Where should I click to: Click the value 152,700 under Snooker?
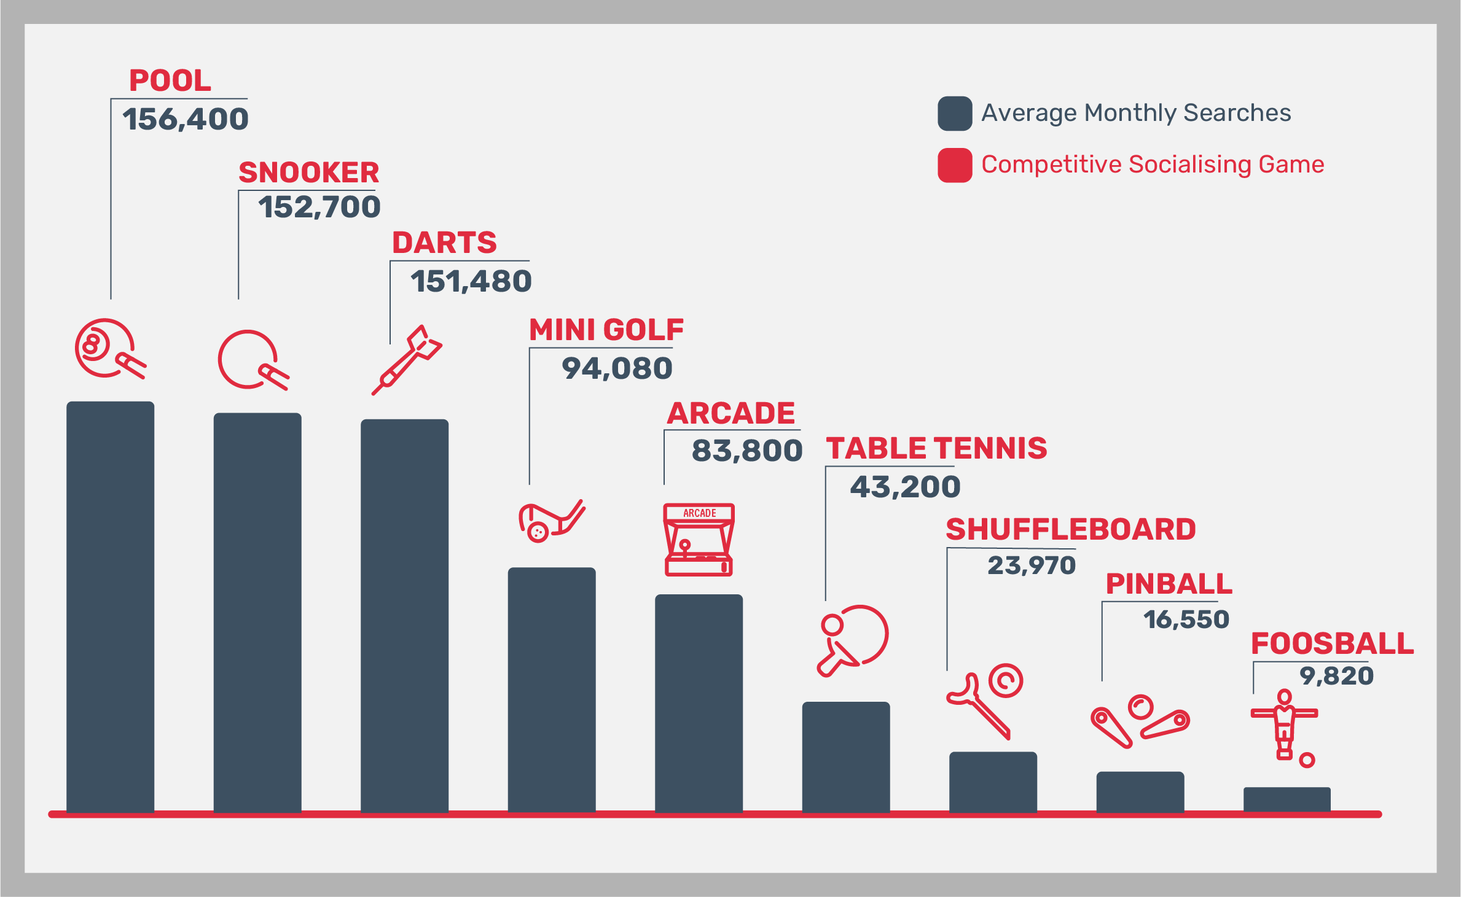click(x=319, y=207)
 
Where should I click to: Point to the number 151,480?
click(x=471, y=281)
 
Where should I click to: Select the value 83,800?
click(x=747, y=451)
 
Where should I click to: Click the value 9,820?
click(x=1336, y=676)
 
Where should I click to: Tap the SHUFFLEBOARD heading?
click(x=1070, y=529)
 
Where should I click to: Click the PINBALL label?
click(x=1169, y=583)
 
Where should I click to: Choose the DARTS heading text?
click(x=444, y=243)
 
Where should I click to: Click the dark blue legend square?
click(x=954, y=114)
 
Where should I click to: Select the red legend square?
click(x=954, y=165)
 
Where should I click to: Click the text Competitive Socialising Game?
click(x=1152, y=165)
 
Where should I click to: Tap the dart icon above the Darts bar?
click(x=407, y=360)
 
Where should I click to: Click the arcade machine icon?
click(x=699, y=540)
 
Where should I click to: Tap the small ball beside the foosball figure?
click(x=1307, y=760)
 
